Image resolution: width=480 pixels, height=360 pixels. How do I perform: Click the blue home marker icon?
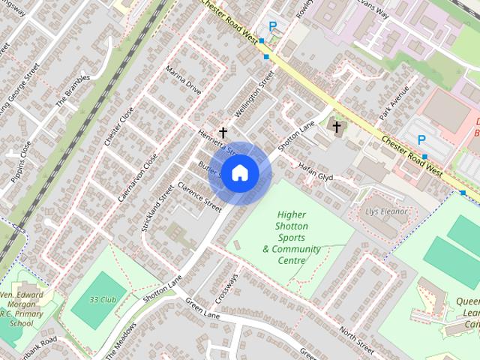point(238,173)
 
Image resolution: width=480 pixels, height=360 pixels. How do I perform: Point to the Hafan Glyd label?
point(315,172)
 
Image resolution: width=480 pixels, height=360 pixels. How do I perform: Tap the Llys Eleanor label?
point(386,211)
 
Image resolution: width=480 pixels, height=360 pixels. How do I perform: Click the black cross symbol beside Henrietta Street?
point(223,132)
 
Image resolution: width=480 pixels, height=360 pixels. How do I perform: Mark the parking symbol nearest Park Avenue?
point(421,139)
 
